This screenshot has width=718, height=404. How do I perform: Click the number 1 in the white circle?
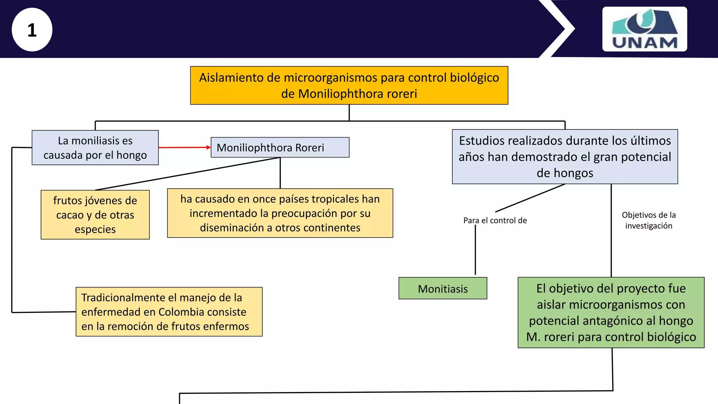[32, 30]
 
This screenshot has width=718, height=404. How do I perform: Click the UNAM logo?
[644, 29]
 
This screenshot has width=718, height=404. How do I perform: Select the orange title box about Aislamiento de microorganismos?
[349, 85]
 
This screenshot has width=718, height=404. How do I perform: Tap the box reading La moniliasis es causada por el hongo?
[95, 148]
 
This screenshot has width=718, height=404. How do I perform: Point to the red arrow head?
[209, 148]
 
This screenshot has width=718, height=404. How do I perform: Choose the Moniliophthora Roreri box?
[280, 147]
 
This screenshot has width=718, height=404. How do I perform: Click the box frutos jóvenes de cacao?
[95, 215]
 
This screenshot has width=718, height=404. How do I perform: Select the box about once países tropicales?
[280, 213]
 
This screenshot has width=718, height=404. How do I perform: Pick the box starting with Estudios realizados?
[564, 157]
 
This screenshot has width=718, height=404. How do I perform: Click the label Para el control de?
[495, 221]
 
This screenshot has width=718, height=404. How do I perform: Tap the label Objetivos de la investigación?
[649, 220]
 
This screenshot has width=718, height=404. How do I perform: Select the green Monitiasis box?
[442, 289]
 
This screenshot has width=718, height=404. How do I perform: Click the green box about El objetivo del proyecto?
[611, 312]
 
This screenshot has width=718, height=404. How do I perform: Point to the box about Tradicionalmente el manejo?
[169, 312]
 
